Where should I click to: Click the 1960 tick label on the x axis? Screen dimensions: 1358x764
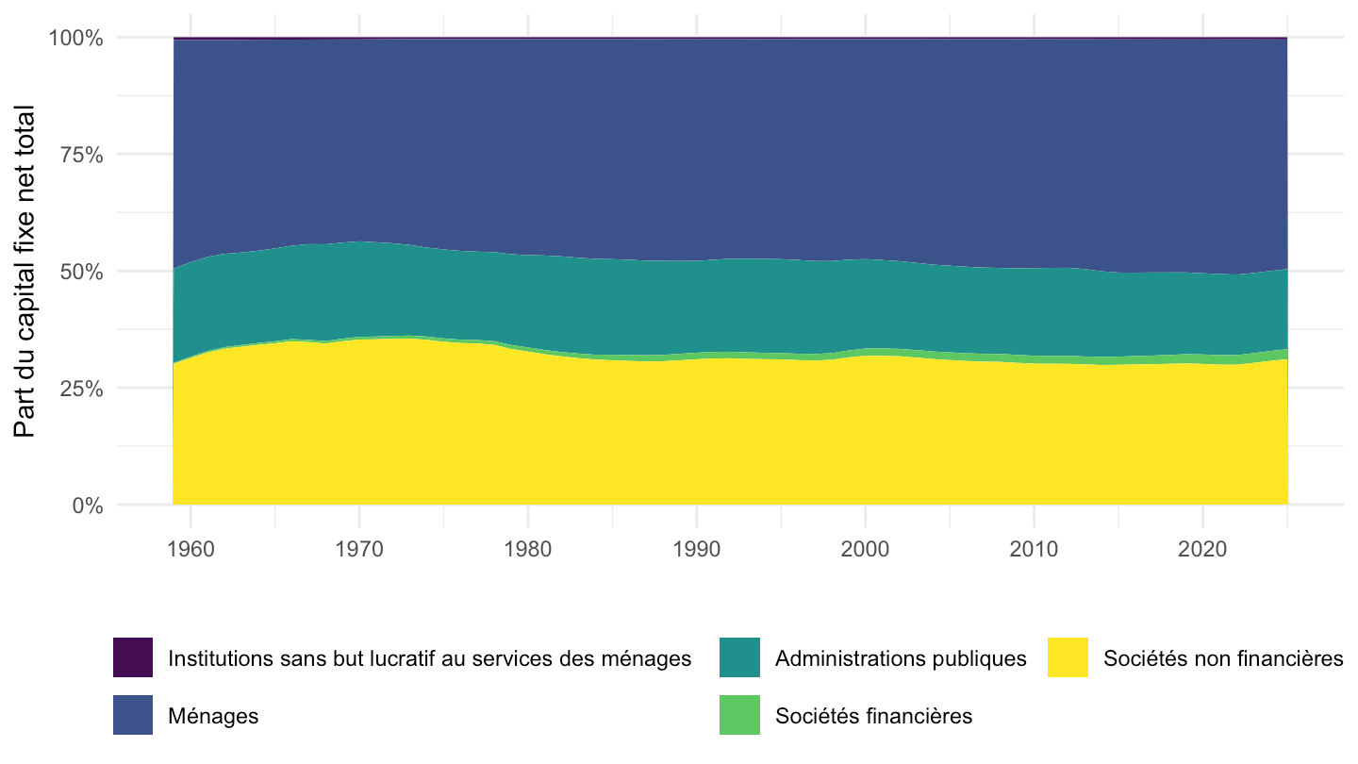coord(190,549)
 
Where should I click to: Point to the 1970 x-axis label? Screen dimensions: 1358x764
coord(359,549)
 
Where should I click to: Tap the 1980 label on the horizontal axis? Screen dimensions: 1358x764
coord(527,549)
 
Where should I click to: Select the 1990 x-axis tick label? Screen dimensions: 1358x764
coord(697,549)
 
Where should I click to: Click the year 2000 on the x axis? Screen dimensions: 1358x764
coord(865,549)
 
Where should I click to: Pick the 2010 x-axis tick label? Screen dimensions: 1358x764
coord(1034,549)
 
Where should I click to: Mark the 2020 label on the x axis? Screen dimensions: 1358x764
coord(1202,549)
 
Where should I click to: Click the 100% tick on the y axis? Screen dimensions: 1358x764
coord(75,38)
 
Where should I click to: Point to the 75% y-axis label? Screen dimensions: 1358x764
coord(81,156)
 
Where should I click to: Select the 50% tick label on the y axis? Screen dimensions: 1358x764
coord(81,272)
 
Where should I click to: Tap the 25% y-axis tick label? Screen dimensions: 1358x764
coord(81,389)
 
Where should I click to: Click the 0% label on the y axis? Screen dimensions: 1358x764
coord(88,506)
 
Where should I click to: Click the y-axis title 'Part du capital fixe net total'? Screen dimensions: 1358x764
coord(25,272)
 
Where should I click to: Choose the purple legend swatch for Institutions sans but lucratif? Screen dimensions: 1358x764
coord(133,657)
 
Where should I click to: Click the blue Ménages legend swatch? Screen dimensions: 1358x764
coord(133,715)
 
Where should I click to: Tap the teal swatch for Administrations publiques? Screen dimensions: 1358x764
coord(739,657)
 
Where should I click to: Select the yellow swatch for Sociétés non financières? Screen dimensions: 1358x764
coord(1068,657)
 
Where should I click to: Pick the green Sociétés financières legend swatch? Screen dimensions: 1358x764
coord(739,715)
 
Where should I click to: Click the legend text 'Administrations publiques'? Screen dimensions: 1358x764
coord(901,658)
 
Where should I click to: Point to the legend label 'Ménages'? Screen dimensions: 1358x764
coord(213,716)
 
